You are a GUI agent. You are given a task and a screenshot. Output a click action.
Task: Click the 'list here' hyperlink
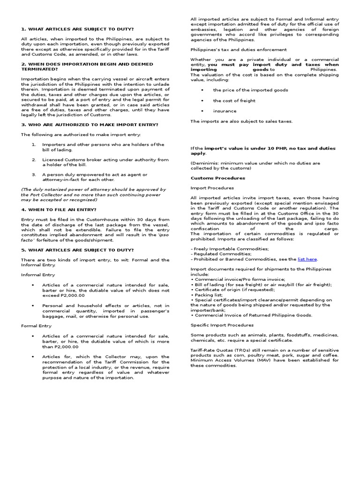click(x=307, y=259)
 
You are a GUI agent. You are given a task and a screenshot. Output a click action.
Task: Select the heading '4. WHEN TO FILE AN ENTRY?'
click(x=59, y=209)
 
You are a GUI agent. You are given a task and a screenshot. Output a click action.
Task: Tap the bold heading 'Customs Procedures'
click(x=211, y=178)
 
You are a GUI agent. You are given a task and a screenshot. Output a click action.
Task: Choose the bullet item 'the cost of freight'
click(x=234, y=100)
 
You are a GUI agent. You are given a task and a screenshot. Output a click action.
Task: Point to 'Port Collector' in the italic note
click(x=41, y=195)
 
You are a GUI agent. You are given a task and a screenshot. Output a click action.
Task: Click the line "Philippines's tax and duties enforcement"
click(x=238, y=49)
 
